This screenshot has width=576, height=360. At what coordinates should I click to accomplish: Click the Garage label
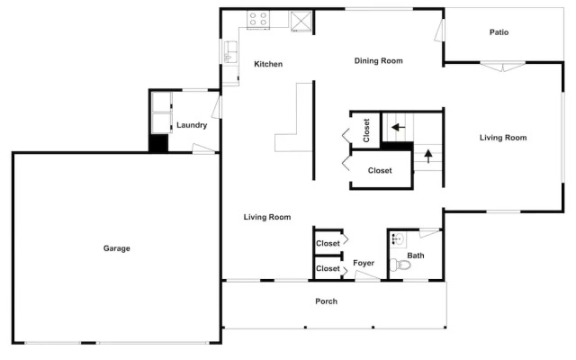click(x=116, y=248)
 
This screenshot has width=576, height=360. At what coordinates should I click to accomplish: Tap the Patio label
click(x=499, y=32)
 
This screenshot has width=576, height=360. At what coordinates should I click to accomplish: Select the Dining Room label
click(x=378, y=61)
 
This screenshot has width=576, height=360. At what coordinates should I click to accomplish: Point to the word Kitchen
click(x=268, y=64)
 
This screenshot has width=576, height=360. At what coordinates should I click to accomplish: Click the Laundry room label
click(x=192, y=125)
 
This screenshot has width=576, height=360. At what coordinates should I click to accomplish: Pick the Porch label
click(x=326, y=301)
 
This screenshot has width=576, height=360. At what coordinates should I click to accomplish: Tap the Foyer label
click(x=364, y=263)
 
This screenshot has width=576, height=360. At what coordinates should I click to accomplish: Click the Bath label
click(x=416, y=256)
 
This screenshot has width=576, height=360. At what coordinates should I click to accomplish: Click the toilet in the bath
click(x=400, y=264)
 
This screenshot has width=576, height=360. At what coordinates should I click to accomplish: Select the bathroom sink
click(x=397, y=239)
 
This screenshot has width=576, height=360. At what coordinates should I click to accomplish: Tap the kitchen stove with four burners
click(x=258, y=20)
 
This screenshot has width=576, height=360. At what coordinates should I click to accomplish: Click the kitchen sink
click(x=230, y=52)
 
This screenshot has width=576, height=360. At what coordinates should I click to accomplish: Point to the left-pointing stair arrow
click(x=398, y=128)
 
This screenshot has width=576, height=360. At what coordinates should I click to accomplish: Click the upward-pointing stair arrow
click(x=428, y=156)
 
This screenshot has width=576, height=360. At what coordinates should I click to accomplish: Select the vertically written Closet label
click(x=366, y=130)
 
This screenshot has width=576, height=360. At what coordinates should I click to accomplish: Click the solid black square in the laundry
click(x=158, y=143)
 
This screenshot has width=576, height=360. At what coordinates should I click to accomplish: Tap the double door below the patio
click(x=503, y=67)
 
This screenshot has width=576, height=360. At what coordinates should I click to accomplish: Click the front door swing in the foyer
click(x=367, y=276)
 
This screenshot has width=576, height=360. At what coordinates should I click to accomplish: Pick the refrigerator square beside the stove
click(x=301, y=22)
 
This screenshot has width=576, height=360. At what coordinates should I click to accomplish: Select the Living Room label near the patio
click(x=503, y=138)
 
